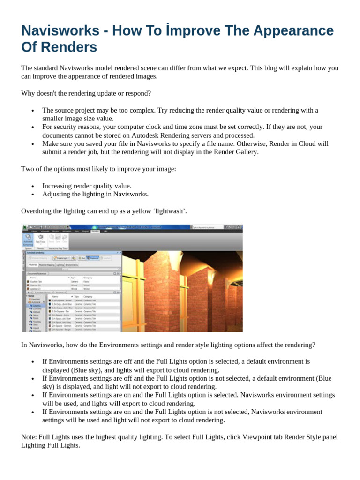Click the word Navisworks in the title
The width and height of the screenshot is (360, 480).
(59, 31)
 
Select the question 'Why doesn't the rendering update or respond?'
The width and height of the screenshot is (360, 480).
(86, 93)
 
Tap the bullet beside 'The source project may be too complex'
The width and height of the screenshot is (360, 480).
(32, 111)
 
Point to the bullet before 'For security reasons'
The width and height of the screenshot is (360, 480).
(32, 127)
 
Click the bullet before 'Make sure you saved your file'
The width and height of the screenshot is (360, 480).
(32, 144)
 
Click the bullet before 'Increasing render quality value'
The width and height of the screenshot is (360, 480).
(32, 186)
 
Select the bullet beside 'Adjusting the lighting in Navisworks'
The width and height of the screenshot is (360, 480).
(32, 194)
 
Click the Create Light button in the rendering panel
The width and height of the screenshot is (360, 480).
(64, 258)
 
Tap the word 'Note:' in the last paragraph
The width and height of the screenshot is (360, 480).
(29, 437)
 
